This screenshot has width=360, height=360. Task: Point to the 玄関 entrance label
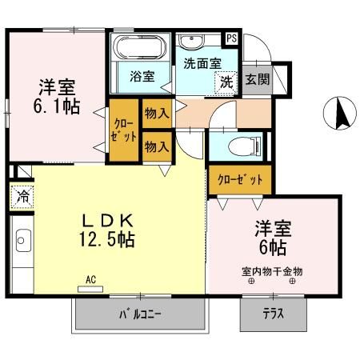click(x=256, y=79)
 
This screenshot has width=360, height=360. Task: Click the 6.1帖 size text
click(x=58, y=105)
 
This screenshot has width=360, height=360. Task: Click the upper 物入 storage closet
click(x=157, y=113)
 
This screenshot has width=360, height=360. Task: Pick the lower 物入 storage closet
click(x=157, y=146)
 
